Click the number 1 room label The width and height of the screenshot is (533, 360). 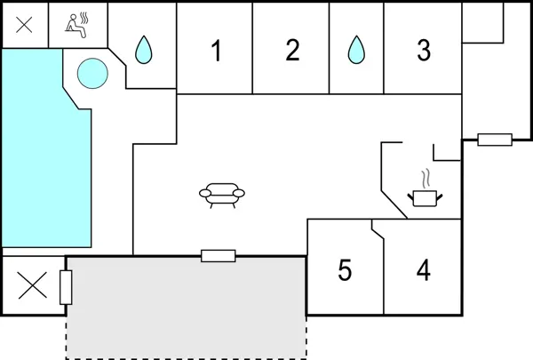click(216, 52)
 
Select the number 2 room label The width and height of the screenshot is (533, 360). click(292, 52)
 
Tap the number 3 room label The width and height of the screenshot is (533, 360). click(424, 52)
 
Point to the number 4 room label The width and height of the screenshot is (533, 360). click(424, 269)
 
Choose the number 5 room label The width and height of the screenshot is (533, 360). click(345, 269)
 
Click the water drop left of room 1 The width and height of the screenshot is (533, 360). click(143, 50)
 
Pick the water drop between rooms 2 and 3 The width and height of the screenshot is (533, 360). click(356, 50)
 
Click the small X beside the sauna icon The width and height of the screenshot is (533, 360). click(24, 25)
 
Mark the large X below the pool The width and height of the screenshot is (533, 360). click(33, 285)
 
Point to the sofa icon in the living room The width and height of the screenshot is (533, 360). click(221, 193)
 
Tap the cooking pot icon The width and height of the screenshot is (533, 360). click(425, 196)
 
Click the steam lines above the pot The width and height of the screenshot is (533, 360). click(426, 176)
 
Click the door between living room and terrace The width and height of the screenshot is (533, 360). click(218, 256)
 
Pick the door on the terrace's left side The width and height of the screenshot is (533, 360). click(65, 288)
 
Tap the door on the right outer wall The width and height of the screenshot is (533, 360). click(494, 140)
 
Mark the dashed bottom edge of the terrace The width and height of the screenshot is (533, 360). click(187, 357)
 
